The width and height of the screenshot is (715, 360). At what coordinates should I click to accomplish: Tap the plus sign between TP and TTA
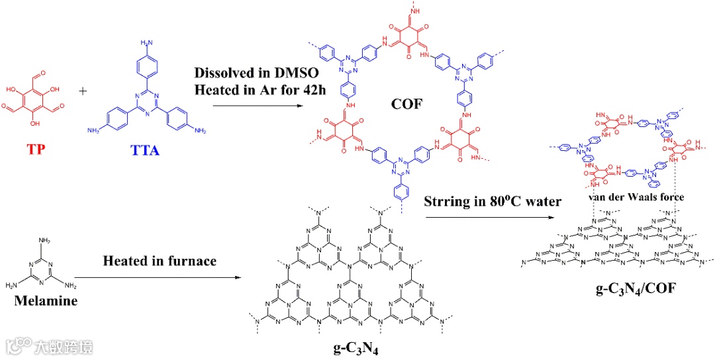click(x=83, y=90)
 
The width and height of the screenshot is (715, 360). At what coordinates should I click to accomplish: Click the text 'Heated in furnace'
click(x=160, y=261)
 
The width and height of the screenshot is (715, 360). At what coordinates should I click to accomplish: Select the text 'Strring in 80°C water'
click(x=492, y=201)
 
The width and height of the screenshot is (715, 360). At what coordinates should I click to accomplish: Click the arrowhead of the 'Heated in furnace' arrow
click(x=237, y=277)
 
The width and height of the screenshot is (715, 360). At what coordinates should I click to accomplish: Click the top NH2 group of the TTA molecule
click(x=144, y=43)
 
